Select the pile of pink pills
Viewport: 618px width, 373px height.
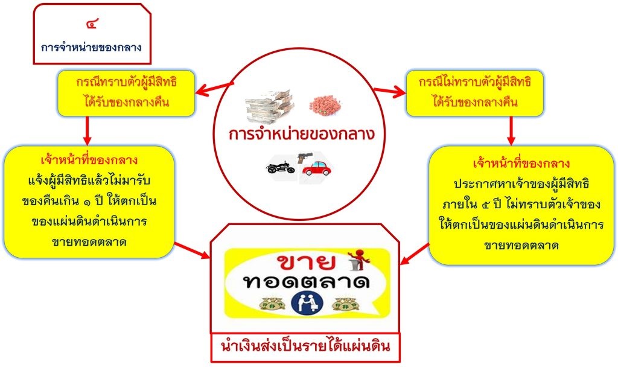coord(328,105)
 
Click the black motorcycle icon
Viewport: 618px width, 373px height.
coord(281,167)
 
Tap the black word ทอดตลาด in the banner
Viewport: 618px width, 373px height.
coord(307,283)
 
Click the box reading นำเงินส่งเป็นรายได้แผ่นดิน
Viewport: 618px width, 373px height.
coord(305,348)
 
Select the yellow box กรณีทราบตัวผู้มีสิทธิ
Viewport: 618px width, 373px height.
coord(126,93)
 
